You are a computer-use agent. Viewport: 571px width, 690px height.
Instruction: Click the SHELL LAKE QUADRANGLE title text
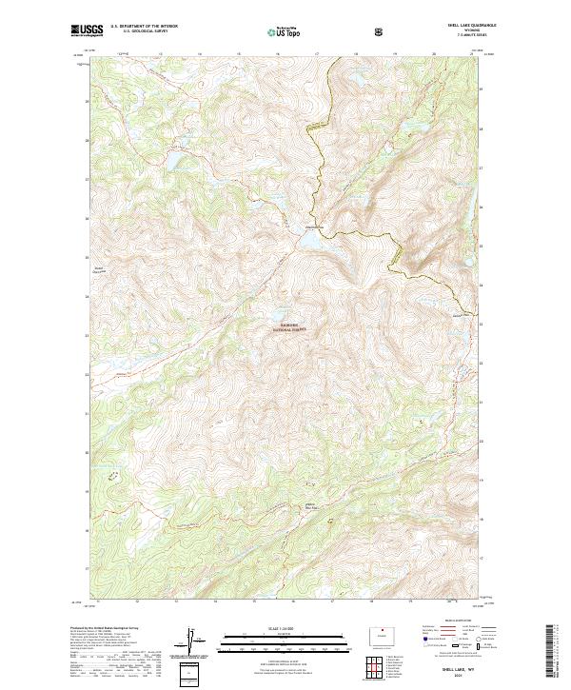click(x=463, y=26)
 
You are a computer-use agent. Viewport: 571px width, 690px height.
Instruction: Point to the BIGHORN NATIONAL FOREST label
click(x=290, y=326)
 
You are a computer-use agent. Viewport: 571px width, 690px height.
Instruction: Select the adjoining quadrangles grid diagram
click(x=380, y=664)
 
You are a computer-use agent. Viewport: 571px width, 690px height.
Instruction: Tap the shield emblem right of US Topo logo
click(x=325, y=31)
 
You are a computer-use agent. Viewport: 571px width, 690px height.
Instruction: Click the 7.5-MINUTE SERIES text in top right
click(x=463, y=35)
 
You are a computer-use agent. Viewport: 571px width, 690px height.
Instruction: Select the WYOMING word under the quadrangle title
click(x=463, y=30)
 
